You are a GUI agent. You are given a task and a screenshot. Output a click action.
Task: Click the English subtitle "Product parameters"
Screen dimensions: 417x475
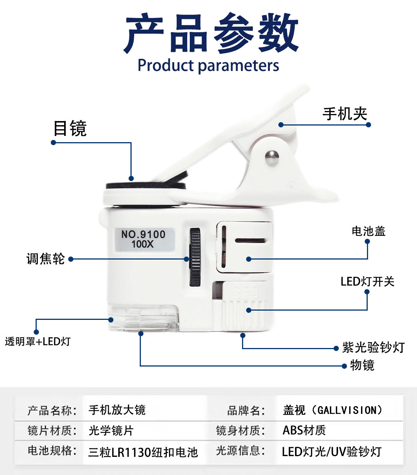(208, 65)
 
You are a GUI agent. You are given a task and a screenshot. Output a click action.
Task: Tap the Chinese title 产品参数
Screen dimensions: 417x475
(211, 33)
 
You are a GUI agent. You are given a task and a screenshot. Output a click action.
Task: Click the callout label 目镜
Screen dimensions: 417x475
(70, 128)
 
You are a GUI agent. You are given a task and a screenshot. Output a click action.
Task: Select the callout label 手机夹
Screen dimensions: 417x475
(345, 114)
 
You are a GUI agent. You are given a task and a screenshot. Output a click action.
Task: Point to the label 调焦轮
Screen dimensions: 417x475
(46, 258)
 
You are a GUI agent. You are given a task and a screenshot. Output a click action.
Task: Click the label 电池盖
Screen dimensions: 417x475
(368, 231)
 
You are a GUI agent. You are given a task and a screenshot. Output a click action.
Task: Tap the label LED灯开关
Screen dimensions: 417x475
(367, 281)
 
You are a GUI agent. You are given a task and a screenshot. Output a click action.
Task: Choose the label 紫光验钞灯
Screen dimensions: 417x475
(373, 347)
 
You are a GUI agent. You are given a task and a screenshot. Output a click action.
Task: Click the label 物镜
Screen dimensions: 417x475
(362, 365)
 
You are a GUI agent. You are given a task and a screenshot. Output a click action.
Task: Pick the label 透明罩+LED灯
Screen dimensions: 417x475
(38, 341)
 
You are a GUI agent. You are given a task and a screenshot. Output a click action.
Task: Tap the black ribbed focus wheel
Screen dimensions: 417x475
(195, 257)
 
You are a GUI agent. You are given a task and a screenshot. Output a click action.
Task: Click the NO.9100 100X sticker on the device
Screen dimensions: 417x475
(145, 240)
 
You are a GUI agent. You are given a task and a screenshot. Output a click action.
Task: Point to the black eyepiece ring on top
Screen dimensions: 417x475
(146, 185)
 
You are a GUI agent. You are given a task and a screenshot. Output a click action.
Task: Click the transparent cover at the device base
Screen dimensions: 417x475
(143, 318)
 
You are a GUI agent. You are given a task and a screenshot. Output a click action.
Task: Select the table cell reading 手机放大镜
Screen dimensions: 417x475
(117, 409)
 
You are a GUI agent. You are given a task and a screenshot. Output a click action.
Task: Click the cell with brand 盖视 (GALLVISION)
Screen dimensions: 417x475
(333, 410)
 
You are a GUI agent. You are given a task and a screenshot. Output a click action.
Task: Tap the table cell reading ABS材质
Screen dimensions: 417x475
(304, 430)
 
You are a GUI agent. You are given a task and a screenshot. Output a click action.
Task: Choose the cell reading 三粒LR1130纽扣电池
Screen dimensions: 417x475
(143, 452)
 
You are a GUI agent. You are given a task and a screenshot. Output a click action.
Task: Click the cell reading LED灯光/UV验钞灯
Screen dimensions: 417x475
(331, 452)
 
